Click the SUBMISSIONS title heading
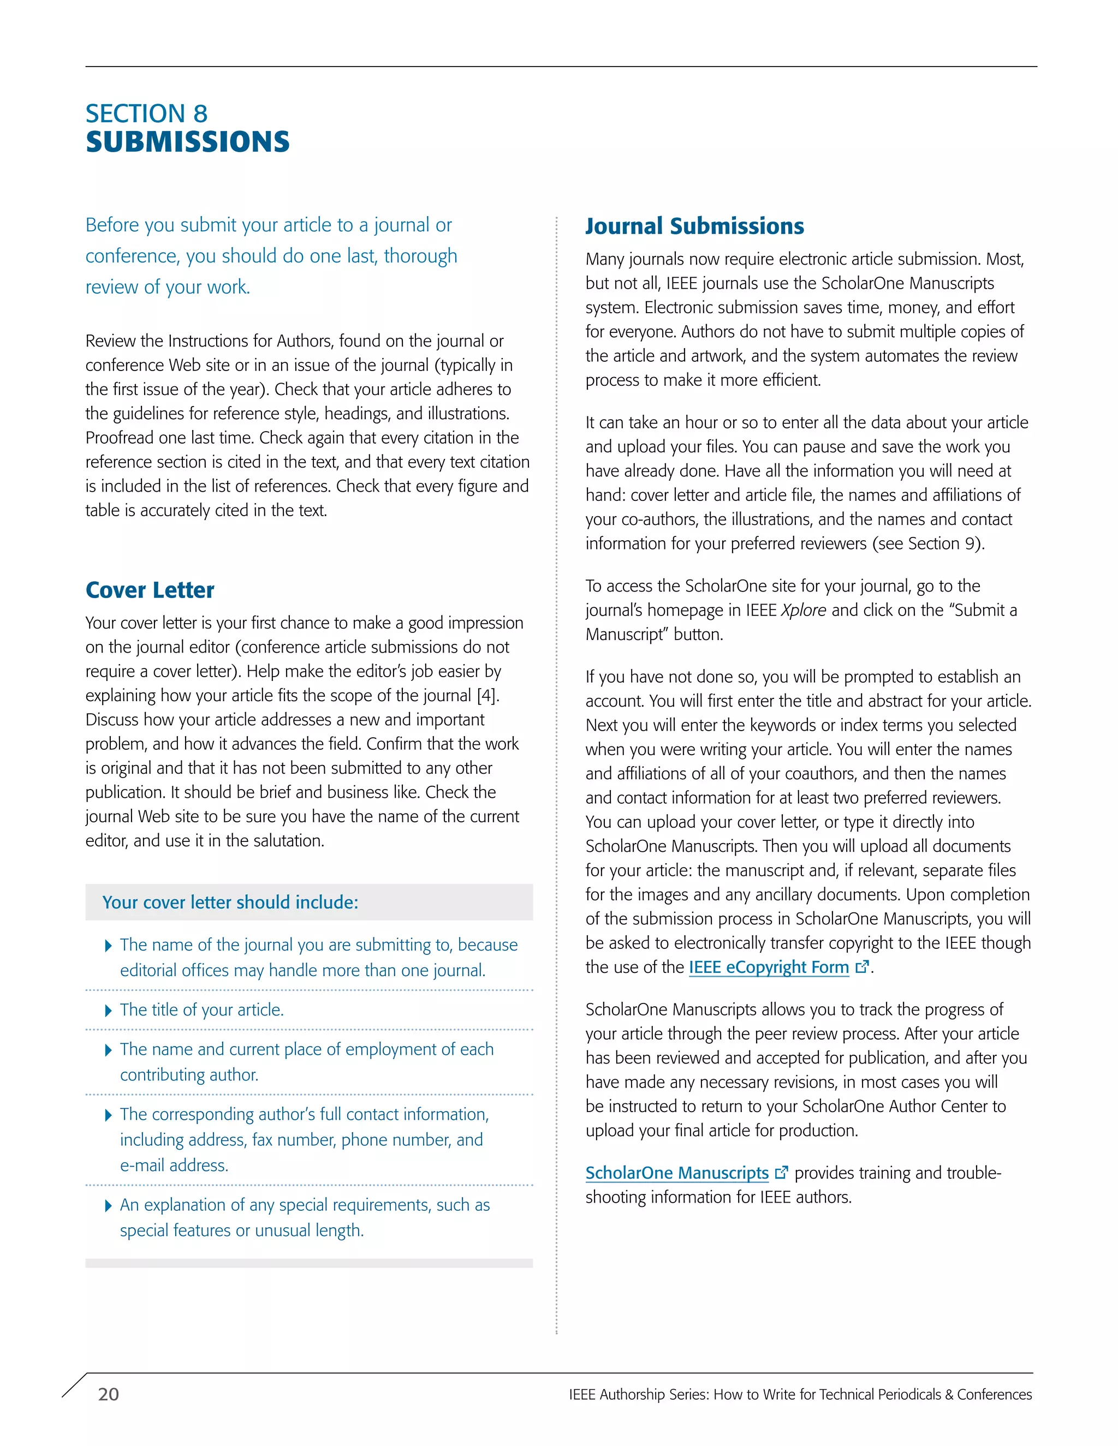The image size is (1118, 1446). tap(187, 142)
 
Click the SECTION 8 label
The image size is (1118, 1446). tap(146, 114)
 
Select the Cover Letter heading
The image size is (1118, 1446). tap(150, 590)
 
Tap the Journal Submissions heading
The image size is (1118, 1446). tap(694, 226)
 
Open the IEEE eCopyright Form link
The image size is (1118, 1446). tap(768, 967)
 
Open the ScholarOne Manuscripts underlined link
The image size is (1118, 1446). tap(676, 1173)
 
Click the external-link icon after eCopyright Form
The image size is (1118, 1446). tap(861, 967)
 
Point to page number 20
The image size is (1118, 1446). tap(109, 1394)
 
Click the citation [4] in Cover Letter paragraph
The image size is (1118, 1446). tap(487, 696)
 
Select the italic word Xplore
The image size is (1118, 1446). tap(804, 611)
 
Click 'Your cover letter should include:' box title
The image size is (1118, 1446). tap(230, 903)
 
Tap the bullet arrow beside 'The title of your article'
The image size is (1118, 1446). tap(109, 1011)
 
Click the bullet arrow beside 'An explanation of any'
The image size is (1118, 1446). tap(109, 1206)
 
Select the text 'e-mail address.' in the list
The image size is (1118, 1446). tap(174, 1166)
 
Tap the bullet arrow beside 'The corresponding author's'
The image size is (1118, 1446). tap(109, 1116)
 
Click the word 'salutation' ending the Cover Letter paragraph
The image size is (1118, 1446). tap(286, 841)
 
